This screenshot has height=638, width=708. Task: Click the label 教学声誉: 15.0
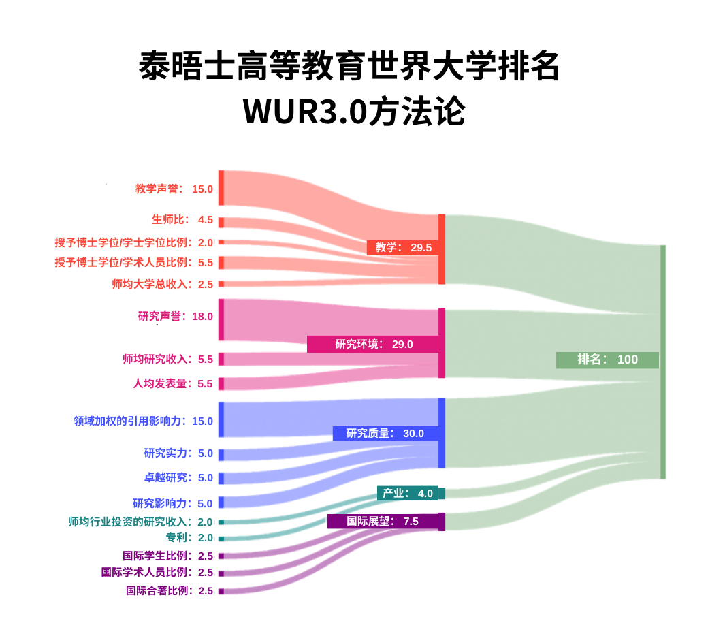[174, 189]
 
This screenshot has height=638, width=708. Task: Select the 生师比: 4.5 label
[182, 220]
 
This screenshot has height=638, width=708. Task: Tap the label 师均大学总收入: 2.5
[163, 284]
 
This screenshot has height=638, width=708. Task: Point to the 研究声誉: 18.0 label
[175, 317]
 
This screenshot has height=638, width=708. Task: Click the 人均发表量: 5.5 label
[173, 383]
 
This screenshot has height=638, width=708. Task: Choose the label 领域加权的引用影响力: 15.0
[143, 421]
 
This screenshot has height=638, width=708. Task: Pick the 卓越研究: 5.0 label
[178, 478]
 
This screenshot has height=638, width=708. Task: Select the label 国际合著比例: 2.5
[170, 591]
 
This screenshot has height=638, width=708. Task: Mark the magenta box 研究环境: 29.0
[373, 345]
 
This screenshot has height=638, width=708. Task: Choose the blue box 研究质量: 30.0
[385, 434]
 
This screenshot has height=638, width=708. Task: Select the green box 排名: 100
[607, 360]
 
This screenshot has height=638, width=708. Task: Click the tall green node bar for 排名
[663, 361]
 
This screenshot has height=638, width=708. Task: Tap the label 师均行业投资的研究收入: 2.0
[141, 522]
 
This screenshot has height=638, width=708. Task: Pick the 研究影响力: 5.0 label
[173, 504]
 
